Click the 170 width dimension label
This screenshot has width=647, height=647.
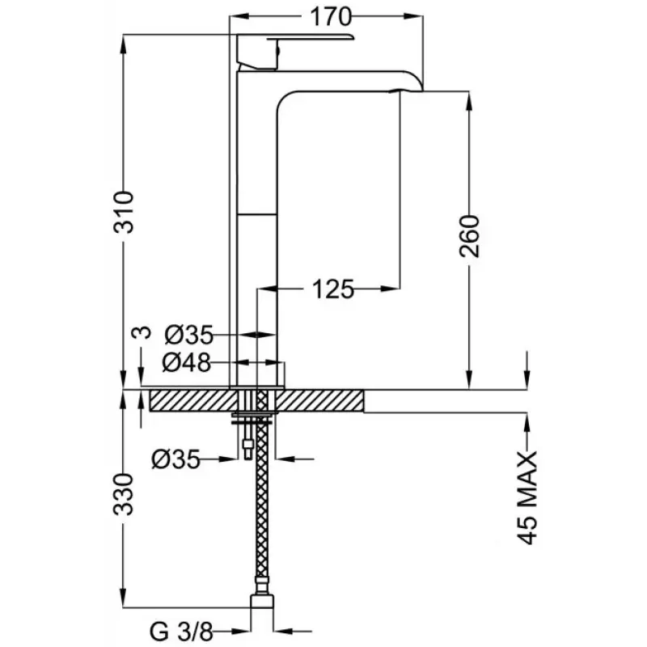tap(331, 17)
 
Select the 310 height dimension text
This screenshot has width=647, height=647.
tap(124, 212)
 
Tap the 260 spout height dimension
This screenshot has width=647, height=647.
tap(470, 236)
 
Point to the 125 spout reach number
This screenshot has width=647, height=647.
tap(333, 289)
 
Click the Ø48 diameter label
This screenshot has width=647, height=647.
tap(187, 363)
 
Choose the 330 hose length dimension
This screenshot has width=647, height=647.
tap(124, 494)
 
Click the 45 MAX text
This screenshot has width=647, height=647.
tap(527, 498)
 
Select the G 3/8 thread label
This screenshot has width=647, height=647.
tap(181, 632)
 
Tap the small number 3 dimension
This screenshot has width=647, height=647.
tap(141, 332)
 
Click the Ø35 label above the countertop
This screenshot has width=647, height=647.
tap(189, 335)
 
